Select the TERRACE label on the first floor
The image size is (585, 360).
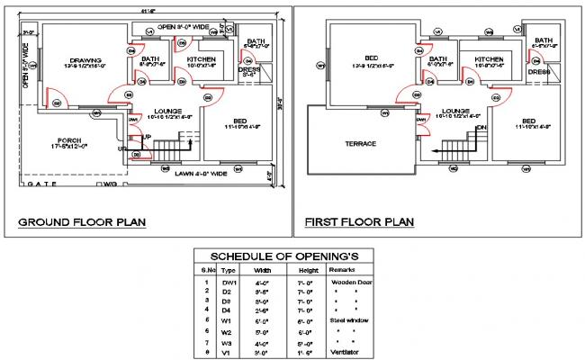tap(359, 143)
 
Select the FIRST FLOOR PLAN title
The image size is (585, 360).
tap(358, 221)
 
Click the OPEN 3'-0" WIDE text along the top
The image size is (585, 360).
tap(184, 27)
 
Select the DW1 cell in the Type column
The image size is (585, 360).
tap(229, 282)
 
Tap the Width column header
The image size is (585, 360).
tap(263, 269)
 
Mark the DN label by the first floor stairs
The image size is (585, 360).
tap(481, 129)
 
